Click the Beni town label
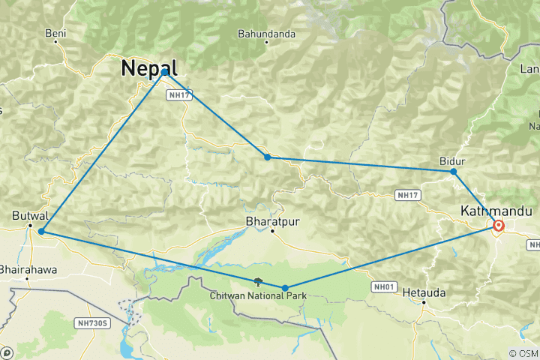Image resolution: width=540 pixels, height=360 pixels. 55,33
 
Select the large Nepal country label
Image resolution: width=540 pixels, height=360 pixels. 149,67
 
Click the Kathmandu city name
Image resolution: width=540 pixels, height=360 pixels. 496,211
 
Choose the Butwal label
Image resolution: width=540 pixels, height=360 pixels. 26,215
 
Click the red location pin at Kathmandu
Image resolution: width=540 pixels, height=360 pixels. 499,225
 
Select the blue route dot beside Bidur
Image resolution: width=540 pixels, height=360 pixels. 454,172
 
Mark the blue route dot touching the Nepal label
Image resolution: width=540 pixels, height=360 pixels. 165,72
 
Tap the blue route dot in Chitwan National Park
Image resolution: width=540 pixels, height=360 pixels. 285,288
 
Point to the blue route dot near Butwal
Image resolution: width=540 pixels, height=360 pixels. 40,232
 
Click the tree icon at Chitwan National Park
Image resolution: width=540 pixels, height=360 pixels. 258,282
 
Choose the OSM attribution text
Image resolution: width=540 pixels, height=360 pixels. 523,353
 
